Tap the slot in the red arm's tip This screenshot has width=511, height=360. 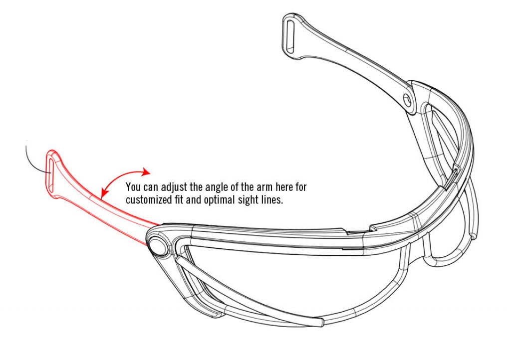(x=50, y=174)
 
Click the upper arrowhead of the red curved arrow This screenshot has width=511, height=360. (x=146, y=171)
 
